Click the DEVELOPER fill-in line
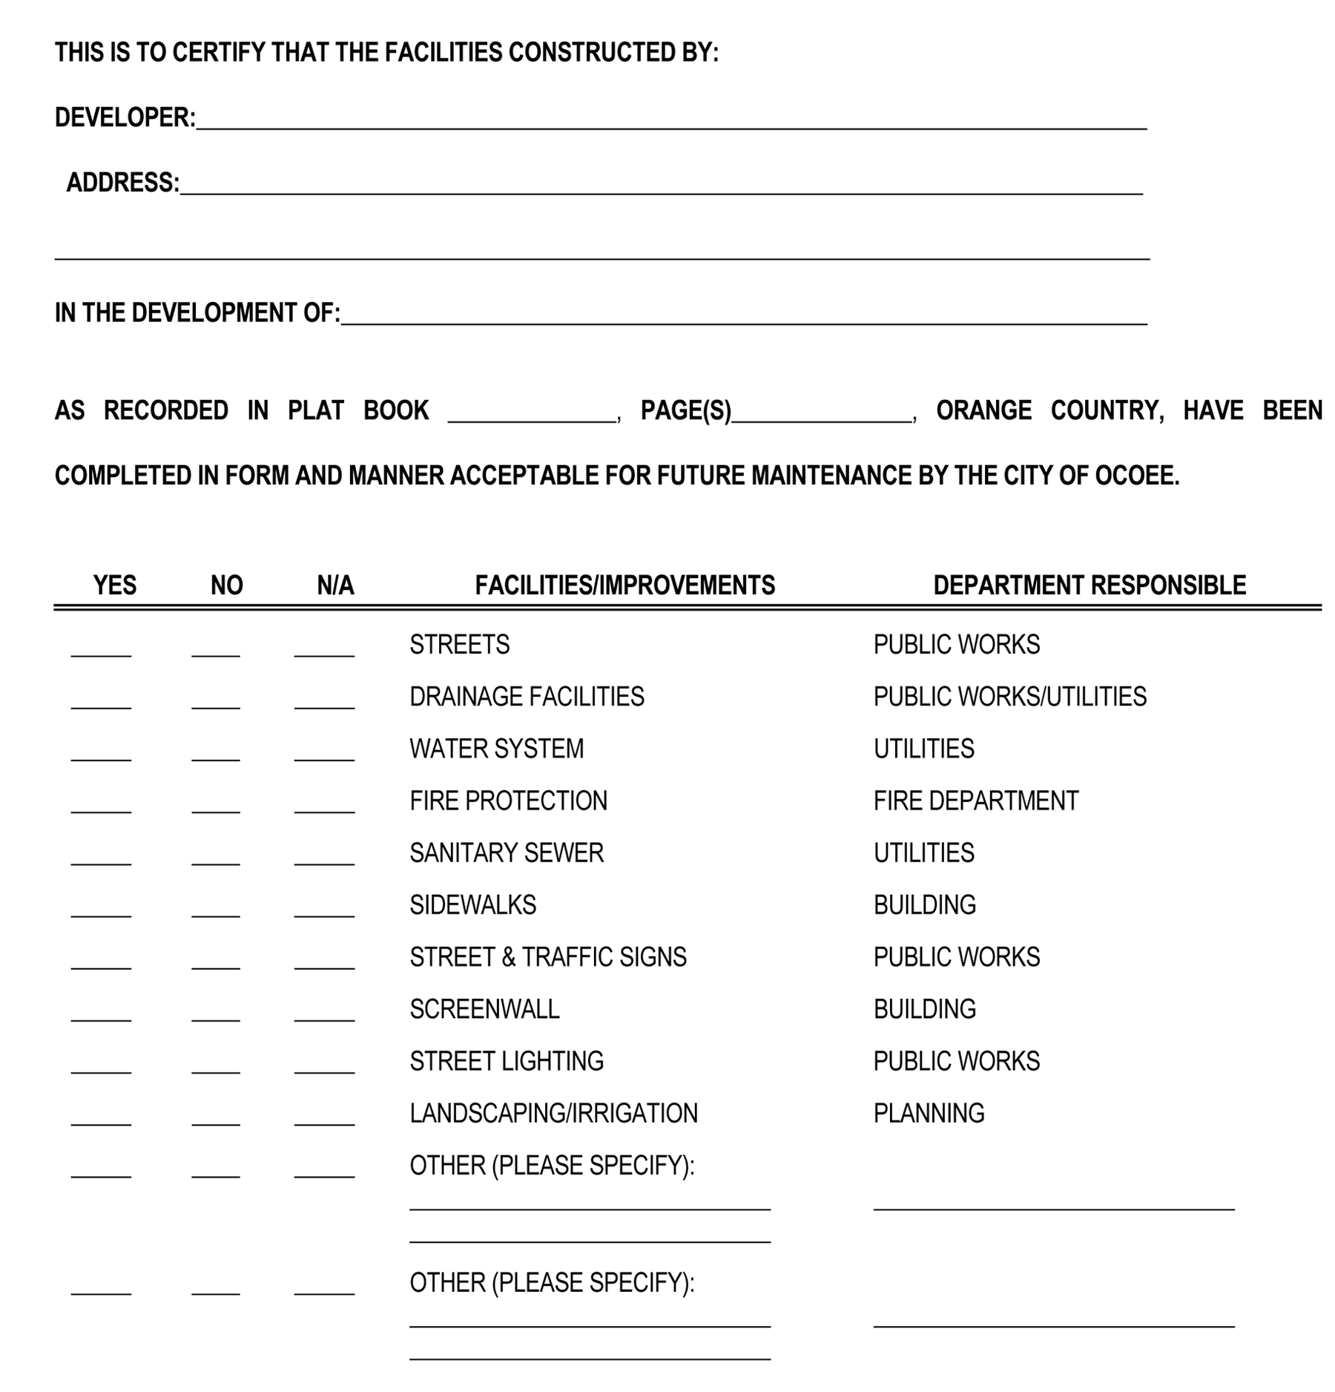point(671,122)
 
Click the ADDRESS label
point(123,183)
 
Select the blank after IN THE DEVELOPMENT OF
point(743,318)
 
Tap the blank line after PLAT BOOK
point(532,416)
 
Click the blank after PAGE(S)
point(821,416)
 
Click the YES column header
point(115,585)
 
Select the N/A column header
point(335,585)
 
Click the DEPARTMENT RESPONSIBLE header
point(1089,585)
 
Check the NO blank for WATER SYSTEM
point(215,754)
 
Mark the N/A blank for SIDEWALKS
point(324,910)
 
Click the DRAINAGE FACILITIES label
point(527,697)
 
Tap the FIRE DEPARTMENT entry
point(975,801)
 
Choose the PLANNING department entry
point(929,1114)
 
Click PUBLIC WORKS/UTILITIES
point(1009,697)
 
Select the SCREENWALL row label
point(484,1009)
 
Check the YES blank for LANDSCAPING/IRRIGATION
point(101,1119)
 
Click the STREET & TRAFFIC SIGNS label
point(548,957)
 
